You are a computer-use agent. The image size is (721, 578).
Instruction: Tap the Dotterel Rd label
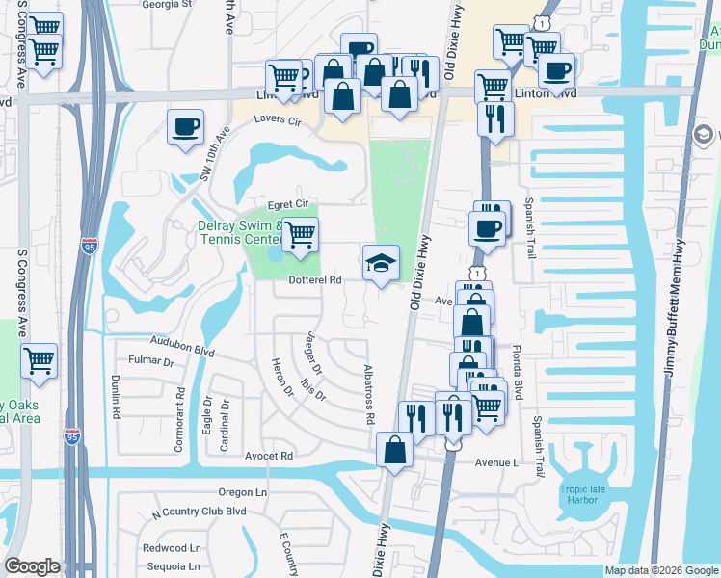pos(316,281)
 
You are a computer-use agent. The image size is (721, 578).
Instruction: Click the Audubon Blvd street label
pos(181,342)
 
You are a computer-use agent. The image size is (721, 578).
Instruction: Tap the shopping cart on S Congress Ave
pos(40,361)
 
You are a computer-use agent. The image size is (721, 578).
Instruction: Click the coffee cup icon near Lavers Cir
pos(184,127)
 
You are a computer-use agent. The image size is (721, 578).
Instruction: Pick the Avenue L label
pos(495,462)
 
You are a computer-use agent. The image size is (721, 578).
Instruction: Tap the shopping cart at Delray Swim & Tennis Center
pos(301,233)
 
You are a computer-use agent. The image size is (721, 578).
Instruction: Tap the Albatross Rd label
pos(368,395)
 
